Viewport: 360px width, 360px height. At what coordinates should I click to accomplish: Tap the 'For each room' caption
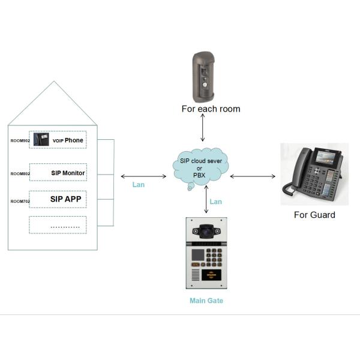point(211,109)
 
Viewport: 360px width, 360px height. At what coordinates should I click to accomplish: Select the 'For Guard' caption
point(314,214)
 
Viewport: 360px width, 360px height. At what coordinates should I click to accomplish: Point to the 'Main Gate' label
point(206,301)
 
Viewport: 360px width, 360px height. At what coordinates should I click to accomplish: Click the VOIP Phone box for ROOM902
point(58,140)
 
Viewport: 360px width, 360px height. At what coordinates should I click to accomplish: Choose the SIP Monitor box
point(58,173)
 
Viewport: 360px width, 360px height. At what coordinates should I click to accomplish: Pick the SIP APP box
point(58,199)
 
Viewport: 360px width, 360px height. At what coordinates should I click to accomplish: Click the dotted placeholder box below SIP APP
point(58,225)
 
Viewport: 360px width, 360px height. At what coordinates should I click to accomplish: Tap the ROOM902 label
point(20,140)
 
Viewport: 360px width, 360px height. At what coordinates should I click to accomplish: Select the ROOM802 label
point(20,174)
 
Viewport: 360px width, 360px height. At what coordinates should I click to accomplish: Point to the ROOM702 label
point(20,201)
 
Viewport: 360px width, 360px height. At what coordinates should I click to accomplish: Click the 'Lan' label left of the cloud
point(139,185)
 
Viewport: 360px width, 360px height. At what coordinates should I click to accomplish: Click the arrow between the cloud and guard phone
point(252,176)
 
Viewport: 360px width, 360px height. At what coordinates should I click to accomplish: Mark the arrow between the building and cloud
point(143,176)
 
